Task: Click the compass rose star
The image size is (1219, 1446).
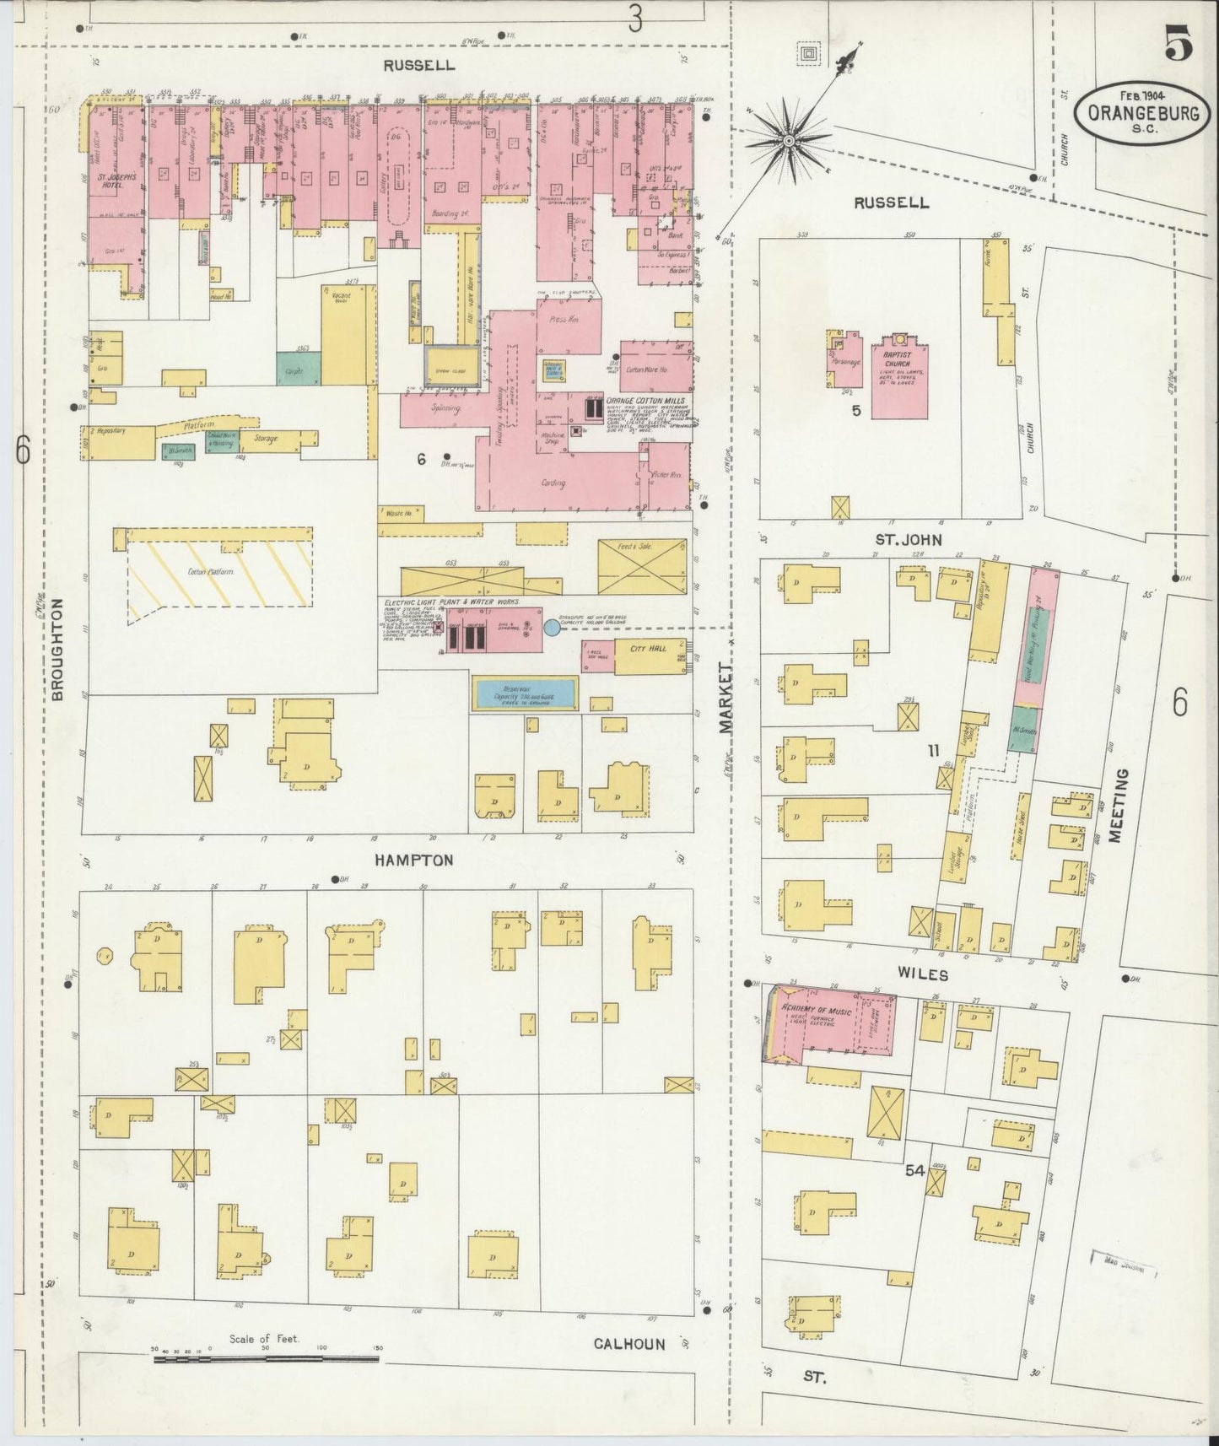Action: pyautogui.click(x=788, y=139)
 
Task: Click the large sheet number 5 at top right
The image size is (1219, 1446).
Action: pyautogui.click(x=1179, y=44)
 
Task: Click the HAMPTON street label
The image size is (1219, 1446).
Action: pyautogui.click(x=414, y=861)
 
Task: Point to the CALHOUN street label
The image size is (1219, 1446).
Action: pyautogui.click(x=628, y=1344)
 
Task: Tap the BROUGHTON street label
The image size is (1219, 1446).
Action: pyautogui.click(x=58, y=650)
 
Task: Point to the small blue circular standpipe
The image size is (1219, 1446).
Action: pyautogui.click(x=551, y=628)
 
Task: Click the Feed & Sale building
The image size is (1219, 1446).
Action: pyautogui.click(x=641, y=567)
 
